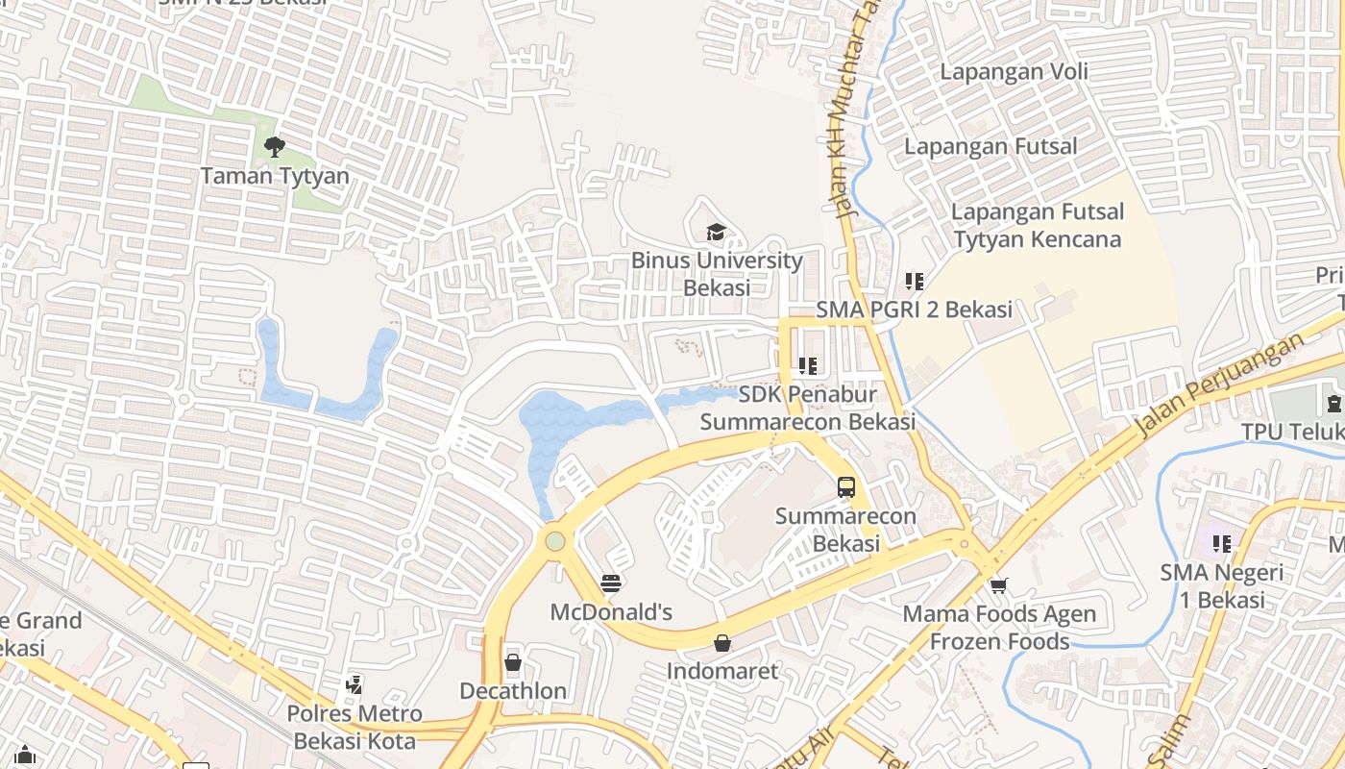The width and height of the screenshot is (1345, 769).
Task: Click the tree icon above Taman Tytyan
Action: coord(274,147)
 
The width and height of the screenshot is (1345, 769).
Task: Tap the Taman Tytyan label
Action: coord(275,177)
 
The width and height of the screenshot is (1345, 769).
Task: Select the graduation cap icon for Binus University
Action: coord(716,232)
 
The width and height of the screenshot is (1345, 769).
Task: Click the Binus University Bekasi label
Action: coord(717,274)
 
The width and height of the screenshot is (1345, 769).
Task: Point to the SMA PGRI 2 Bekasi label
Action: coord(914,310)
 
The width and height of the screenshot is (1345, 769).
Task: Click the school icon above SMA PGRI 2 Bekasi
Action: coord(914,282)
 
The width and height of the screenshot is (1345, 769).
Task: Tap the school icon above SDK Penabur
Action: coord(807,366)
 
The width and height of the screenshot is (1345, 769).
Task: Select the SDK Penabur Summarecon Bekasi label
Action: coord(807,409)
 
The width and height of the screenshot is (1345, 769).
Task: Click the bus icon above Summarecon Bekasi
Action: coord(845,487)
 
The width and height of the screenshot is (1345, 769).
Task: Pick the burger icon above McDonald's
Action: coord(611,583)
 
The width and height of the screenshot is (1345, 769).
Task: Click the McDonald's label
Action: coord(611,612)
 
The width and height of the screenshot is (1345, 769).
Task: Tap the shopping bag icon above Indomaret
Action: coord(722,642)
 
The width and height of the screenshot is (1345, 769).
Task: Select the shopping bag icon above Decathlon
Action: coord(513,662)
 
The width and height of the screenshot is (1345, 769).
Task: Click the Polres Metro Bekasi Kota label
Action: coord(355,728)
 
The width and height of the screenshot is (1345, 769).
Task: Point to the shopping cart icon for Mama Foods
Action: coord(999,584)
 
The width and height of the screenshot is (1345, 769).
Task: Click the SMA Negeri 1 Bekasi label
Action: coord(1221,586)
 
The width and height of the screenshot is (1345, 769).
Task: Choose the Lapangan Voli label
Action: coord(1014,72)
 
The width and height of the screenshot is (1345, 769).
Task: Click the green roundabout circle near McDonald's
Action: coord(555,541)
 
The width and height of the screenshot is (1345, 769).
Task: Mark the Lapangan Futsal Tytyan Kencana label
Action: coord(1038,226)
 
